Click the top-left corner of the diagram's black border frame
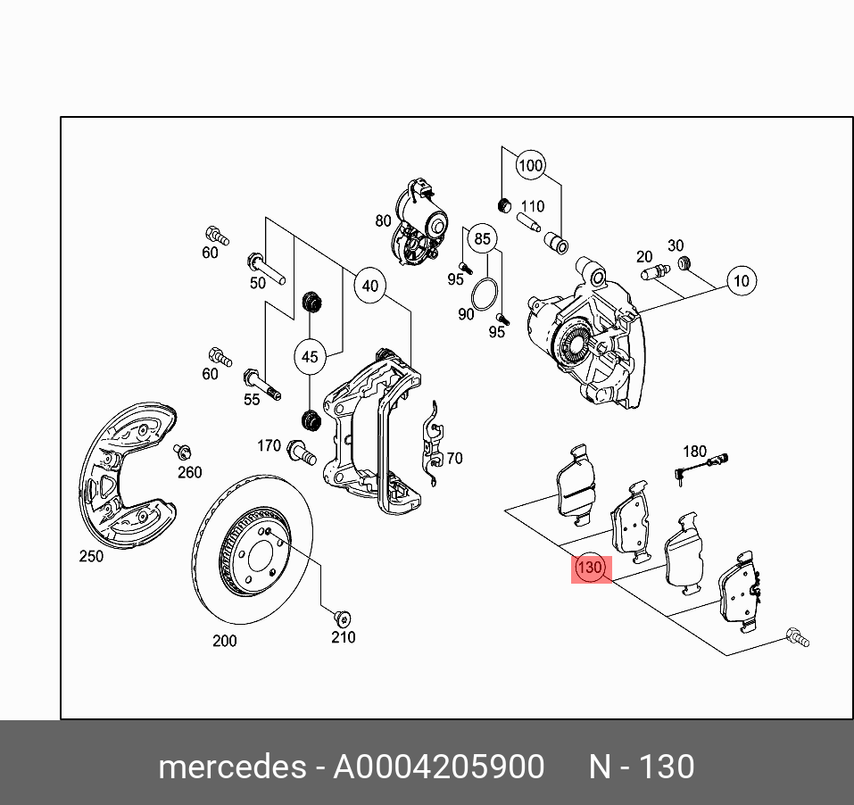[61, 117]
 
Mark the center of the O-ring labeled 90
[485, 295]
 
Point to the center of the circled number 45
[310, 357]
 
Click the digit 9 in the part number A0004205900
[496, 767]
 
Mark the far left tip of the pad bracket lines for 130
[505, 510]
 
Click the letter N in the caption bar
[600, 767]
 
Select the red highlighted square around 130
[591, 569]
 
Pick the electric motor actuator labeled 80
[420, 222]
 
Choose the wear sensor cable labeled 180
[701, 469]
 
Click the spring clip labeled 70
[433, 444]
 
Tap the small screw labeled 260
[182, 452]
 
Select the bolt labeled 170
[302, 452]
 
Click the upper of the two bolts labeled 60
[217, 236]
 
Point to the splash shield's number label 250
[91, 556]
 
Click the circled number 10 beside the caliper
[742, 280]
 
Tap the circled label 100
[530, 165]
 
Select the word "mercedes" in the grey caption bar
[233, 767]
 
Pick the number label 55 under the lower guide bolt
[252, 399]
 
